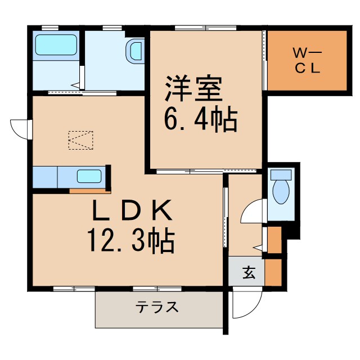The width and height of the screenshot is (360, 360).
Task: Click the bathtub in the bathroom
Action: [56, 45]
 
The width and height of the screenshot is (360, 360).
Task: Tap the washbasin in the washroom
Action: [136, 51]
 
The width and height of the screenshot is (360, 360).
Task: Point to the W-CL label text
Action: [307, 61]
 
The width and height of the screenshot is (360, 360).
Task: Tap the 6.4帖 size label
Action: [200, 119]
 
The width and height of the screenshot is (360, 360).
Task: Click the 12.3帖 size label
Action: [130, 242]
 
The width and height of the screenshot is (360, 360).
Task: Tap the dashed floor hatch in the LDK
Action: [80, 140]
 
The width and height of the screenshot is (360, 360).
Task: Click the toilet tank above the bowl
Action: [280, 174]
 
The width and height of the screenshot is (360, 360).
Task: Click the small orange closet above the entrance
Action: [274, 240]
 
